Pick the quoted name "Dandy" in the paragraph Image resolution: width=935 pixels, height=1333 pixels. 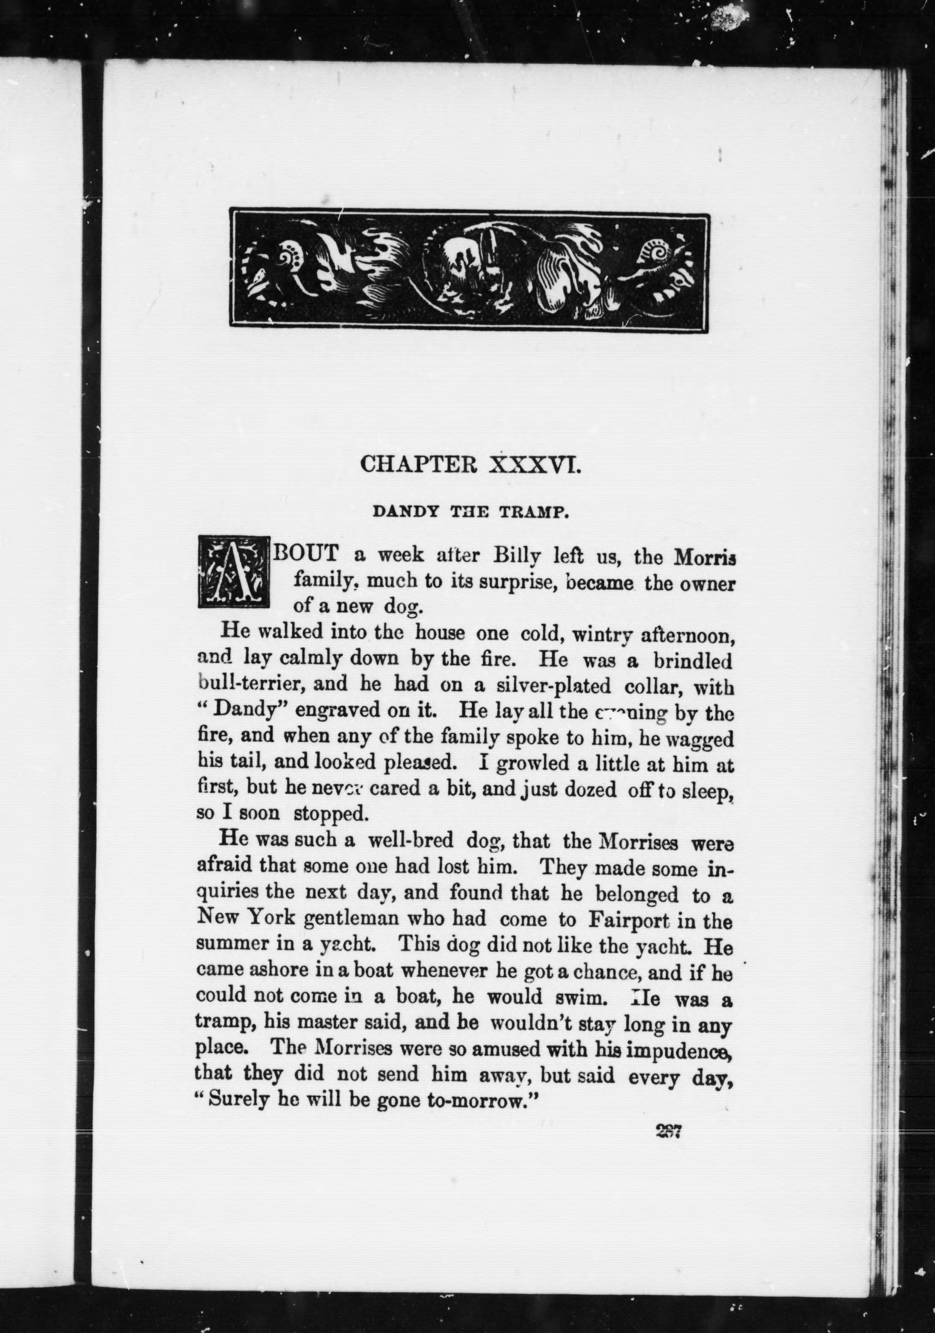click(x=236, y=711)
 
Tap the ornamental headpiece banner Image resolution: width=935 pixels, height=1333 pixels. click(x=469, y=269)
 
